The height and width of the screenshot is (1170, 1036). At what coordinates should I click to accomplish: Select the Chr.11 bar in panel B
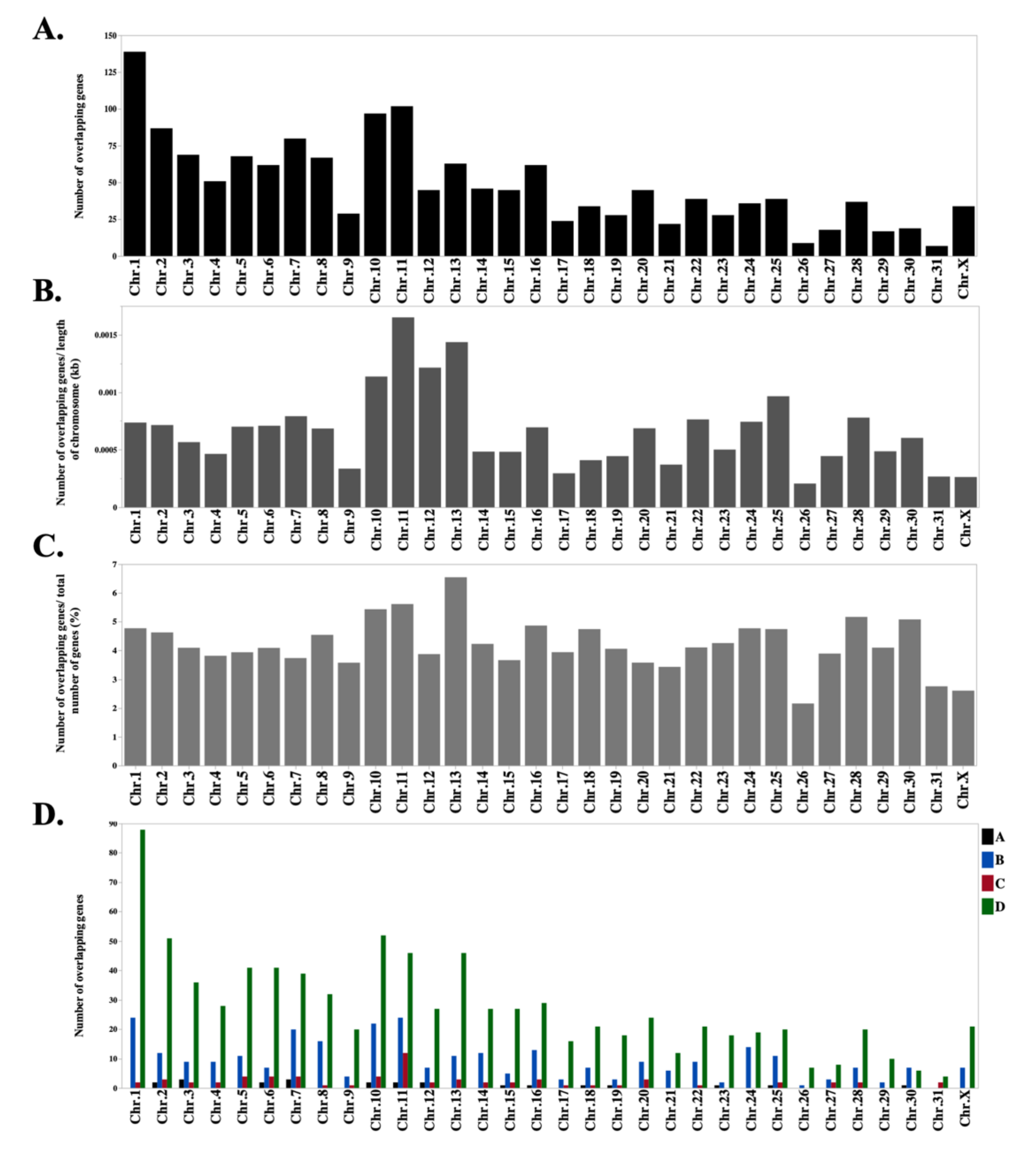(403, 412)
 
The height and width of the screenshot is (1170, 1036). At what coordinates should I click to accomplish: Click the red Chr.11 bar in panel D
(405, 1070)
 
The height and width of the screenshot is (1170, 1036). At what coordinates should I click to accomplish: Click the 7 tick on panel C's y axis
(114, 564)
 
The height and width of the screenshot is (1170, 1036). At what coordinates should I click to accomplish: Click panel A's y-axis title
(79, 146)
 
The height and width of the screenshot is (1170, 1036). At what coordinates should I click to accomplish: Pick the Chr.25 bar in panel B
(778, 452)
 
